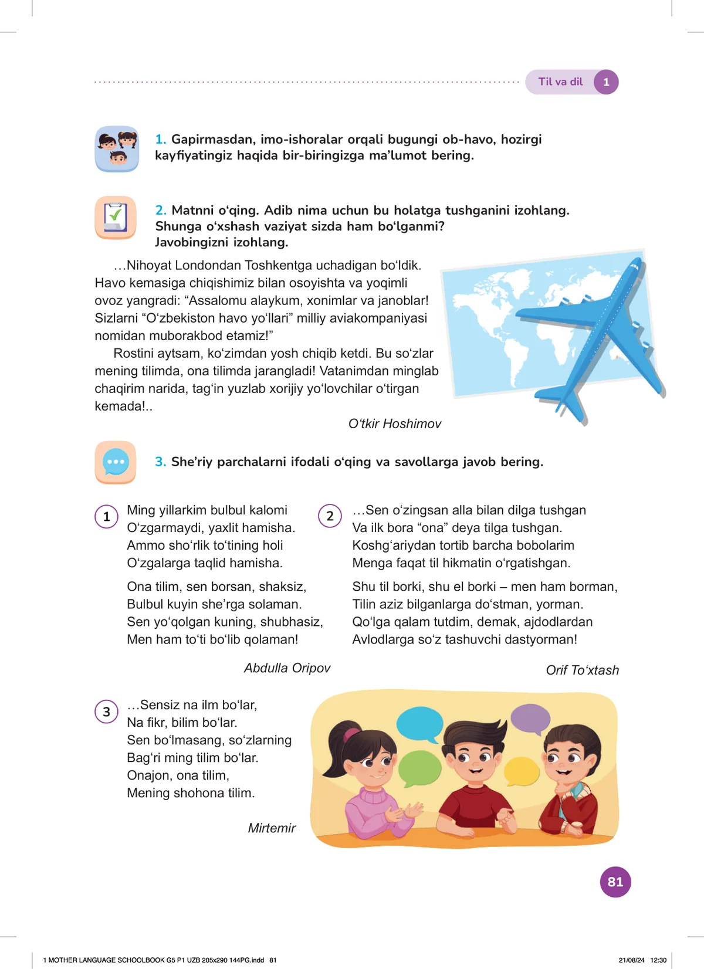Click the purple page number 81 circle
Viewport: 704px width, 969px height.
click(x=615, y=882)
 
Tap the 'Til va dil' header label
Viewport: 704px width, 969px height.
click(x=560, y=82)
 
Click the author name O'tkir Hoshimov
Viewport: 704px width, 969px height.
click(x=394, y=423)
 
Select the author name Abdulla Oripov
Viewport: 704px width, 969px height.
click(x=287, y=668)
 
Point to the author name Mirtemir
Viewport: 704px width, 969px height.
click(x=272, y=828)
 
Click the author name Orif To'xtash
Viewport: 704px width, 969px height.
click(x=582, y=670)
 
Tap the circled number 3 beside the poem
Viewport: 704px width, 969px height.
click(x=106, y=711)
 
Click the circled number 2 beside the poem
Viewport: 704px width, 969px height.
click(x=330, y=516)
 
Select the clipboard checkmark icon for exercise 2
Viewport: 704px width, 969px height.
click(x=116, y=218)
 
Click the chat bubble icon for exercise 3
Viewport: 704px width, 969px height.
click(x=116, y=462)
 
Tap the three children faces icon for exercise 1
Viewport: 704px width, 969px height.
click(x=117, y=149)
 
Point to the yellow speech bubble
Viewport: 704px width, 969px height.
click(x=521, y=771)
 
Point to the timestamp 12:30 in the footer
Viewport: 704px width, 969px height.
click(x=658, y=960)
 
